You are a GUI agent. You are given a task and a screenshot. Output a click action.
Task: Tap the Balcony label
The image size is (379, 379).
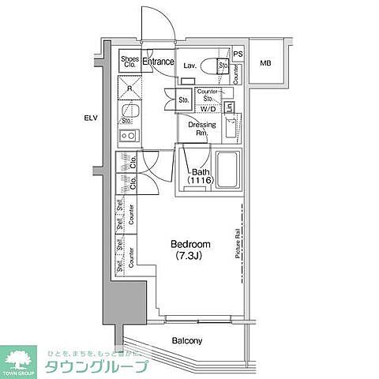pyautogui.click(x=187, y=341)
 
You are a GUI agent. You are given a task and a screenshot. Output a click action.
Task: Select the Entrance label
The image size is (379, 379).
pyautogui.click(x=158, y=61)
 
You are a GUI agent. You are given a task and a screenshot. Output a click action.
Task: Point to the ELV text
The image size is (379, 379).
pyautogui.click(x=92, y=118)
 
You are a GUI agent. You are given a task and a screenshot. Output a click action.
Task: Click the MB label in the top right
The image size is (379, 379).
pyautogui.click(x=266, y=63)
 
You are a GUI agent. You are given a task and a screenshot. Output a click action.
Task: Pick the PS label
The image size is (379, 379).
pyautogui.click(x=238, y=54)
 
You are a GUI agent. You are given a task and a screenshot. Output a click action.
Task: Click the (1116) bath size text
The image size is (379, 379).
pyautogui.click(x=200, y=182)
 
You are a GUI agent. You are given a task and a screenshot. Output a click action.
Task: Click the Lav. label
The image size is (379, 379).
pyautogui.click(x=189, y=66)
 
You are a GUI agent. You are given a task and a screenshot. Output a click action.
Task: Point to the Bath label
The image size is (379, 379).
pyautogui.click(x=200, y=171)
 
